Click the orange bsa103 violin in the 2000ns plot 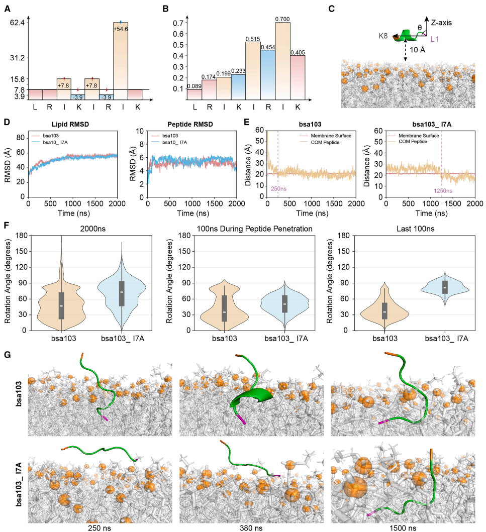coord(62,301)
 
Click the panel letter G coord(7,354)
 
